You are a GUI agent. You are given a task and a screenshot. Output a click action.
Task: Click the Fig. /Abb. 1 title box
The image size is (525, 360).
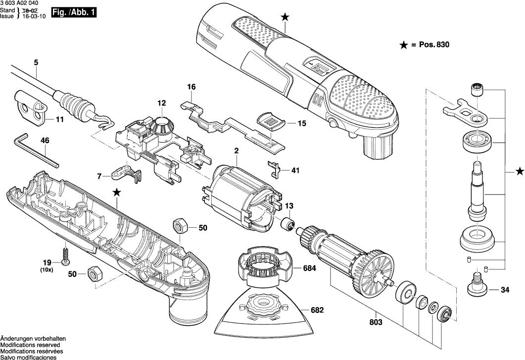(x=74, y=13)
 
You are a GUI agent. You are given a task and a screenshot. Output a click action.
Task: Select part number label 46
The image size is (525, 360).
(x=45, y=141)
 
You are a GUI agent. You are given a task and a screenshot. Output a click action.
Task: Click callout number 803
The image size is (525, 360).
(x=376, y=322)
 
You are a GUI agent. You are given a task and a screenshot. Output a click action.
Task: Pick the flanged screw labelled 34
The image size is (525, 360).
(x=478, y=284)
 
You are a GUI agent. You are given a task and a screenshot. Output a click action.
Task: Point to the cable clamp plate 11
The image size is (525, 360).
(x=31, y=107)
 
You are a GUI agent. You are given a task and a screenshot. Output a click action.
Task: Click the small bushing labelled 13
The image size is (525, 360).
(x=287, y=223)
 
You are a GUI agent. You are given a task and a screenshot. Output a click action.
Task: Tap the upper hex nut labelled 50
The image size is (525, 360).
(x=180, y=226)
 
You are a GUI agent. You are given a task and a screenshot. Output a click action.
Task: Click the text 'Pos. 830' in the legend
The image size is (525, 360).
(x=434, y=45)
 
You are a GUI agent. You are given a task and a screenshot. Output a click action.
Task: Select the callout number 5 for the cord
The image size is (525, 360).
(x=36, y=62)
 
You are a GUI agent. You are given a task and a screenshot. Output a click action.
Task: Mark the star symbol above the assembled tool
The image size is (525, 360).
(x=285, y=17)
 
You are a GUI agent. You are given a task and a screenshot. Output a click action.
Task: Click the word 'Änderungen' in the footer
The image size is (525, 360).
(x=16, y=339)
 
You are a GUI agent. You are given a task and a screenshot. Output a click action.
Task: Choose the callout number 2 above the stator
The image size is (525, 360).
(x=237, y=151)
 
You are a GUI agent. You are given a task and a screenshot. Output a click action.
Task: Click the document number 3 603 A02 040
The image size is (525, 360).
(x=17, y=3)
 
